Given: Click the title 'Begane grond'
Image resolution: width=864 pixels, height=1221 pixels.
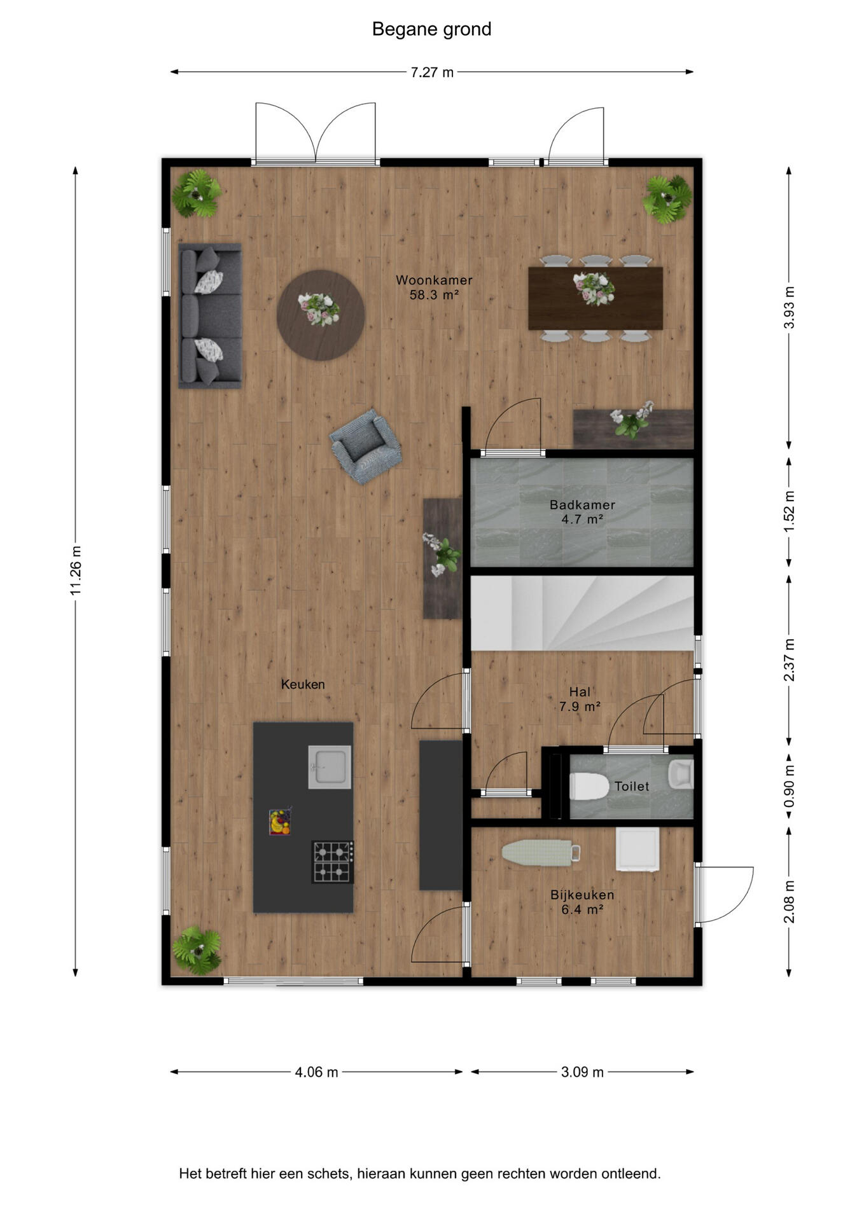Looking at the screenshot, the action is point(431,29).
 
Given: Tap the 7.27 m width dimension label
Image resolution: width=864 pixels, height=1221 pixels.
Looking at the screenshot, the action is point(432,72).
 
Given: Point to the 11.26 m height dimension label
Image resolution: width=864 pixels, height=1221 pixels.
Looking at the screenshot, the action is point(76,570).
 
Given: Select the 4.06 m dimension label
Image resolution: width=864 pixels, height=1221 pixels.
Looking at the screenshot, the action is point(316,1072).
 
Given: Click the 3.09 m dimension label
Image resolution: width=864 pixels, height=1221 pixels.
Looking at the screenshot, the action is point(582,1072).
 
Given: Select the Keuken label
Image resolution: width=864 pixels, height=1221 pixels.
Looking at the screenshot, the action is point(303,684).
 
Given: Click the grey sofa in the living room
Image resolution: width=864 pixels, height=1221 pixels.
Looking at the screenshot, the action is point(210,316).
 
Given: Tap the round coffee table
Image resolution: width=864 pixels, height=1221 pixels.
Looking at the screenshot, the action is point(321,315).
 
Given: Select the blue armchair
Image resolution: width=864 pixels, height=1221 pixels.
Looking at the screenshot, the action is point(366,446).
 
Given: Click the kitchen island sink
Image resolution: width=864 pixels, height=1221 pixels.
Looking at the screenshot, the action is point(330,767).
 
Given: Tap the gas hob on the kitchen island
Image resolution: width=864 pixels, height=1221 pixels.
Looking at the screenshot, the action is point(332,862).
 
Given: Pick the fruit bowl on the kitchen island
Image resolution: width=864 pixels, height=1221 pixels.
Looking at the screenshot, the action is point(280,822).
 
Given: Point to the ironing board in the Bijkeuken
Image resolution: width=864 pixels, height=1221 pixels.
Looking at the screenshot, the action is point(541,853).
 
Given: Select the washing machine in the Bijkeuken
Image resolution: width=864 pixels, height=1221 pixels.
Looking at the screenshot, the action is point(638,849).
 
